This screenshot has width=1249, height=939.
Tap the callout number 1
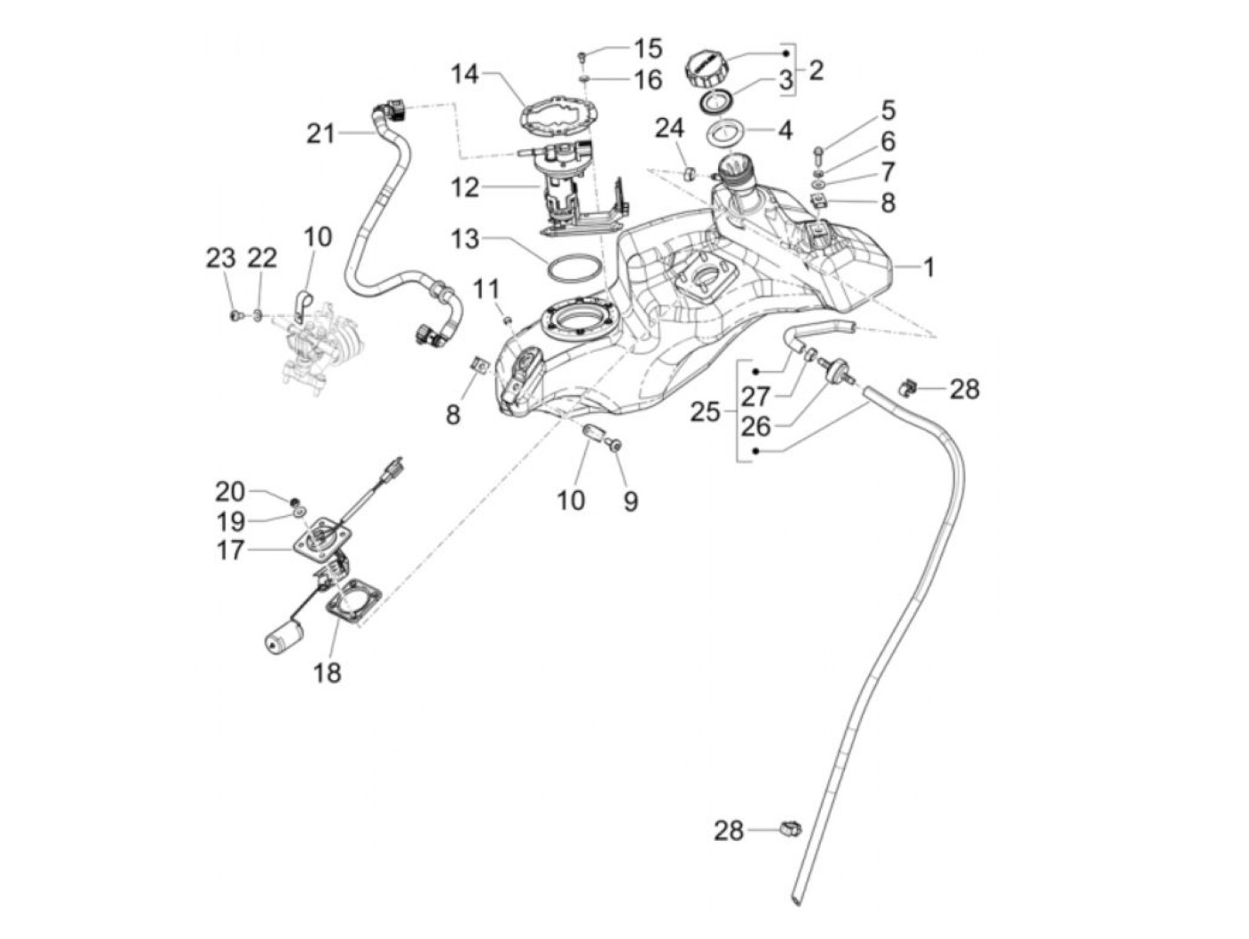coord(929,266)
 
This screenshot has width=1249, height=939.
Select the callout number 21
coord(320,134)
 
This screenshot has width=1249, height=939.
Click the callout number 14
coord(464,74)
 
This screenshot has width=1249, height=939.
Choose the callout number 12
coord(465,187)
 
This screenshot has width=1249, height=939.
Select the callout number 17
coord(229,550)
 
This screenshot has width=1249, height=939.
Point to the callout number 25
coord(704,411)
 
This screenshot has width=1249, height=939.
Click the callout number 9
coord(631,502)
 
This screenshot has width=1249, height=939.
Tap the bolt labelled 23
coord(236,315)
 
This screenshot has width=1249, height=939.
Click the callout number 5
coord(888,111)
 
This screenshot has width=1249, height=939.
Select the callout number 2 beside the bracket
coord(816,71)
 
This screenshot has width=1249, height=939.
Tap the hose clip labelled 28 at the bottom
coord(790,829)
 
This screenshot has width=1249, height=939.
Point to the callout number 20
coord(229,491)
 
